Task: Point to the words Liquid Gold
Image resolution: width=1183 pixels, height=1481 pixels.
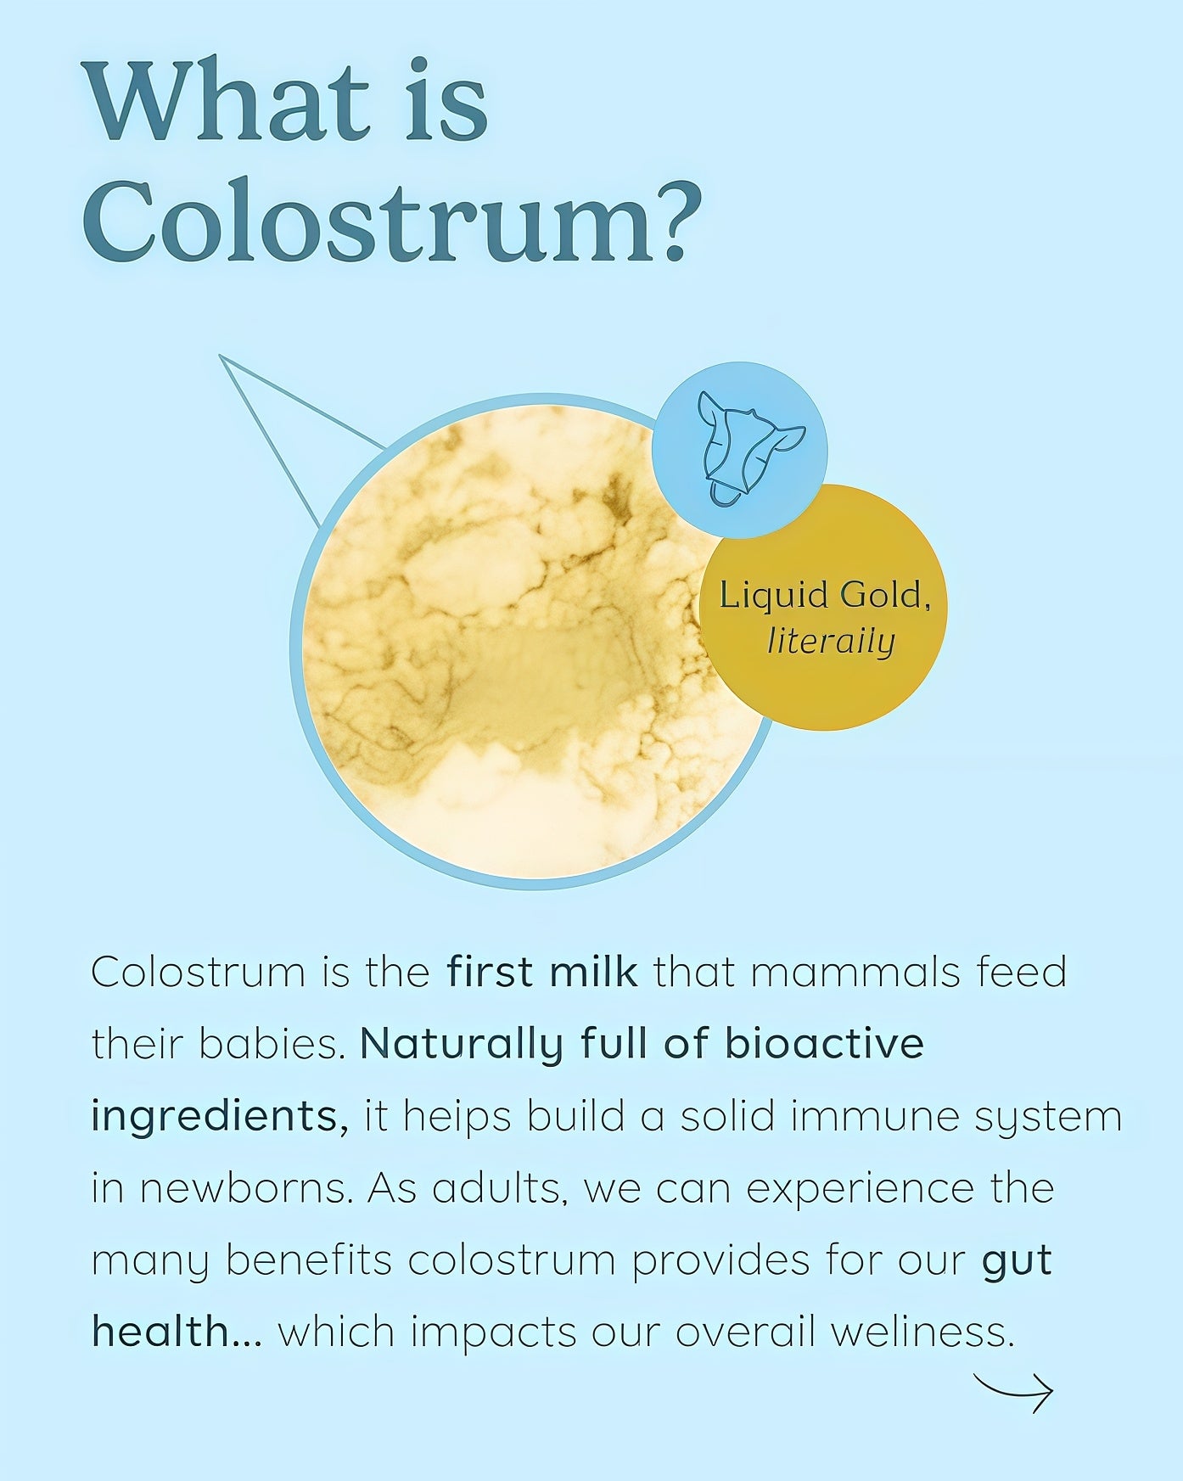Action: pyautogui.click(x=821, y=595)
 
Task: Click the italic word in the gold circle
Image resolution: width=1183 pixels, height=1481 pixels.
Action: pyautogui.click(x=831, y=642)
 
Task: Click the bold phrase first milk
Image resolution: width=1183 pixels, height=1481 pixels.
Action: pyautogui.click(x=542, y=973)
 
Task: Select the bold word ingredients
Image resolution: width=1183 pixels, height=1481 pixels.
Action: pyautogui.click(x=219, y=1117)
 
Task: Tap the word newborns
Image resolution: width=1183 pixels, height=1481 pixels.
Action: pyautogui.click(x=245, y=1188)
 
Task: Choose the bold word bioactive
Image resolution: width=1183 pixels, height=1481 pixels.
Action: pyautogui.click(x=824, y=1044)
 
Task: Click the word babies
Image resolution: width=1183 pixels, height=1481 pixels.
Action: pyautogui.click(x=273, y=1044)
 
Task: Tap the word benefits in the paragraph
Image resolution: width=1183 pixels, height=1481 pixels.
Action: pyautogui.click(x=309, y=1259)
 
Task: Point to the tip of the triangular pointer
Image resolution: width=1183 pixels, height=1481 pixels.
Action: pyautogui.click(x=220, y=356)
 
